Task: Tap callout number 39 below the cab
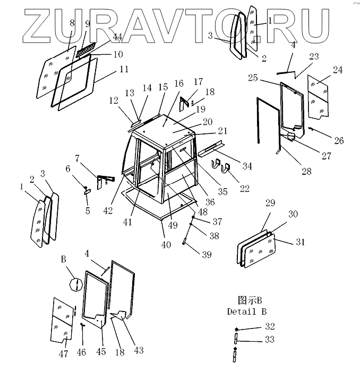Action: coord(207,255)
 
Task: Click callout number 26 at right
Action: coord(338,141)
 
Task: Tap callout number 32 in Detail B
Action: coord(270,326)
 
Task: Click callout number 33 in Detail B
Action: coord(270,340)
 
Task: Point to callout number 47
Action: coord(63,354)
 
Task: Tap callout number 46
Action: coord(81,352)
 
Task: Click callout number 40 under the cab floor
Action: coord(166,244)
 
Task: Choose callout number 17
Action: coord(198,82)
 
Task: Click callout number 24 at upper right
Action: coord(338,70)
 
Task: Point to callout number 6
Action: coord(68,168)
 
